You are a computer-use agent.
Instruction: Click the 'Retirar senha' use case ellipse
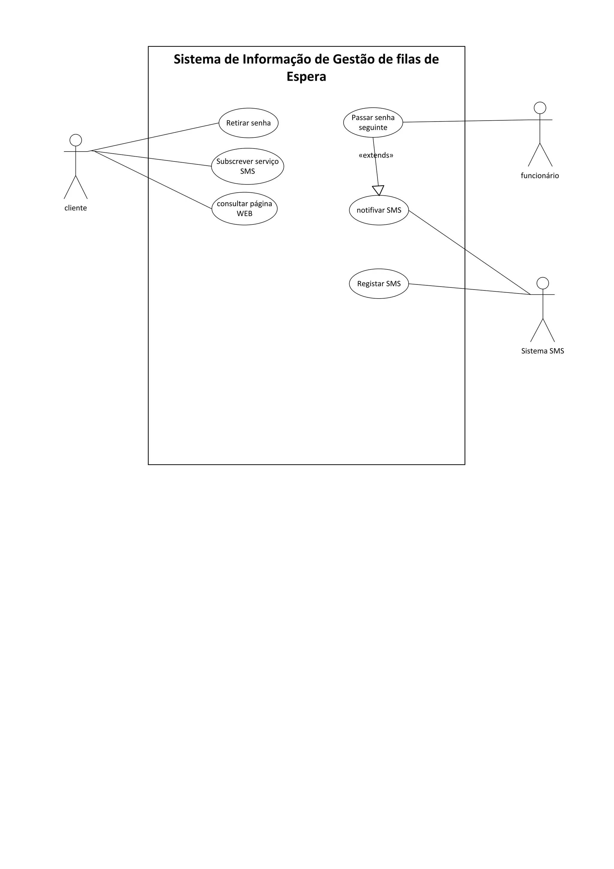coord(249,123)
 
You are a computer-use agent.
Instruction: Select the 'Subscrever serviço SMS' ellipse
coord(247,166)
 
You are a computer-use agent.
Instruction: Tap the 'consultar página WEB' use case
coord(244,209)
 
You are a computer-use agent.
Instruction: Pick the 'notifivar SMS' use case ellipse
coord(379,210)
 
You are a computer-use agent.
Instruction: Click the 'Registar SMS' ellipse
coord(379,284)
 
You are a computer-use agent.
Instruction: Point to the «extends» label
coord(376,155)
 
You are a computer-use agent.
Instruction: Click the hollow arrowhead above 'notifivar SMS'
coord(378,190)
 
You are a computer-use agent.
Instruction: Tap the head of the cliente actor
coord(76,140)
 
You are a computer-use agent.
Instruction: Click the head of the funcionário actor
coord(540,108)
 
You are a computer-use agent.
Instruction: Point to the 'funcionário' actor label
coord(540,176)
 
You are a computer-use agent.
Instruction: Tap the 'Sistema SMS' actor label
coord(543,351)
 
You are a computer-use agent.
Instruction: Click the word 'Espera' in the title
coord(306,77)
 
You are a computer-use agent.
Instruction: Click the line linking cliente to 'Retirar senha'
coord(155,137)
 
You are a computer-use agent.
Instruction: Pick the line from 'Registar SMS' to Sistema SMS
coord(469,289)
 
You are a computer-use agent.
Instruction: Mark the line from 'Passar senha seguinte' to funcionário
coord(465,121)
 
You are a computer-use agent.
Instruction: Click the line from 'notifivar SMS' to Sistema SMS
coord(469,252)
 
